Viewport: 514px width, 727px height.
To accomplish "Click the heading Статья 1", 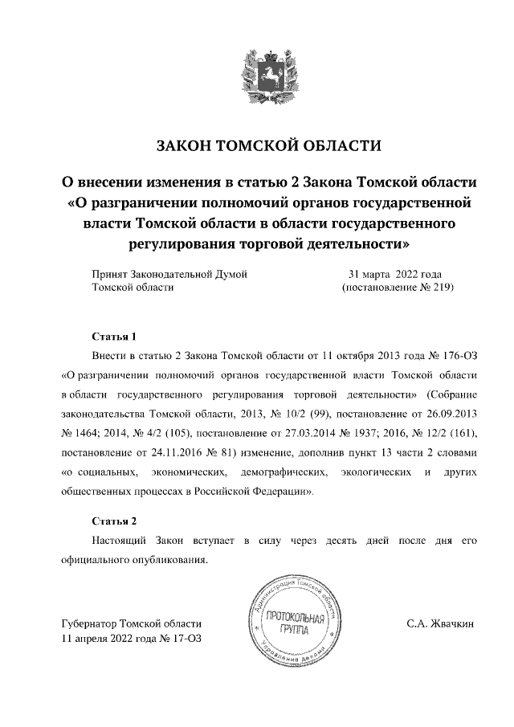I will coord(109,335).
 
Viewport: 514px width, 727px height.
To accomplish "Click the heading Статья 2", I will coord(109,520).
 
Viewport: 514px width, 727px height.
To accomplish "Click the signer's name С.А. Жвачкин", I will coord(441,623).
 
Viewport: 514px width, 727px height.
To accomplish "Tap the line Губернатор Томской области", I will coord(131,623).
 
